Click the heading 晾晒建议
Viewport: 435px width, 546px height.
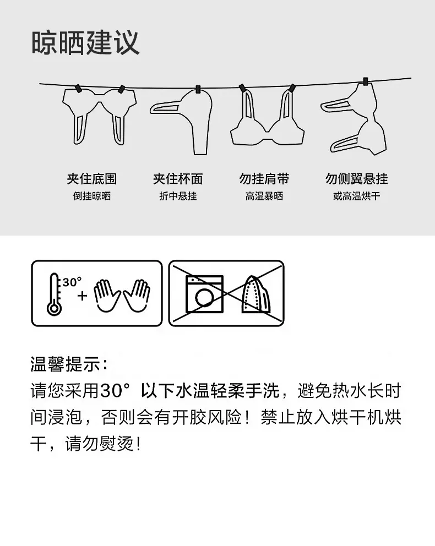click(x=85, y=43)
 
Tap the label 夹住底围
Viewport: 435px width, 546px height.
click(x=92, y=179)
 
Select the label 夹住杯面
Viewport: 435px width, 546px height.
click(x=178, y=179)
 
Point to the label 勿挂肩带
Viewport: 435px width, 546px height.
click(x=264, y=179)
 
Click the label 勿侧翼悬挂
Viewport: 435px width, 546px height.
click(x=356, y=179)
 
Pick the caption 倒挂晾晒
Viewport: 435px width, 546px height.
click(x=92, y=196)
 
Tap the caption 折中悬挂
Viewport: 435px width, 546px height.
click(x=178, y=196)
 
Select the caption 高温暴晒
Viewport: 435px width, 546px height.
click(x=264, y=196)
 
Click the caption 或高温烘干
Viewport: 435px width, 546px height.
click(x=356, y=196)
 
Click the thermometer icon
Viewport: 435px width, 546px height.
click(x=55, y=294)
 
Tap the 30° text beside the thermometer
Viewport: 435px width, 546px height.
click(x=72, y=282)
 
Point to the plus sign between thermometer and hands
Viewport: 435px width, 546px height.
click(x=82, y=296)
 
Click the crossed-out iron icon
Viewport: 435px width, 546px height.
click(x=256, y=294)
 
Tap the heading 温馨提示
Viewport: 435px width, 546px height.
click(x=69, y=364)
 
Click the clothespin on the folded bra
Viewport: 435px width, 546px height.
click(x=198, y=90)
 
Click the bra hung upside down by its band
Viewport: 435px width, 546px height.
click(x=99, y=115)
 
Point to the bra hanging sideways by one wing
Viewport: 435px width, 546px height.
click(x=354, y=117)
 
